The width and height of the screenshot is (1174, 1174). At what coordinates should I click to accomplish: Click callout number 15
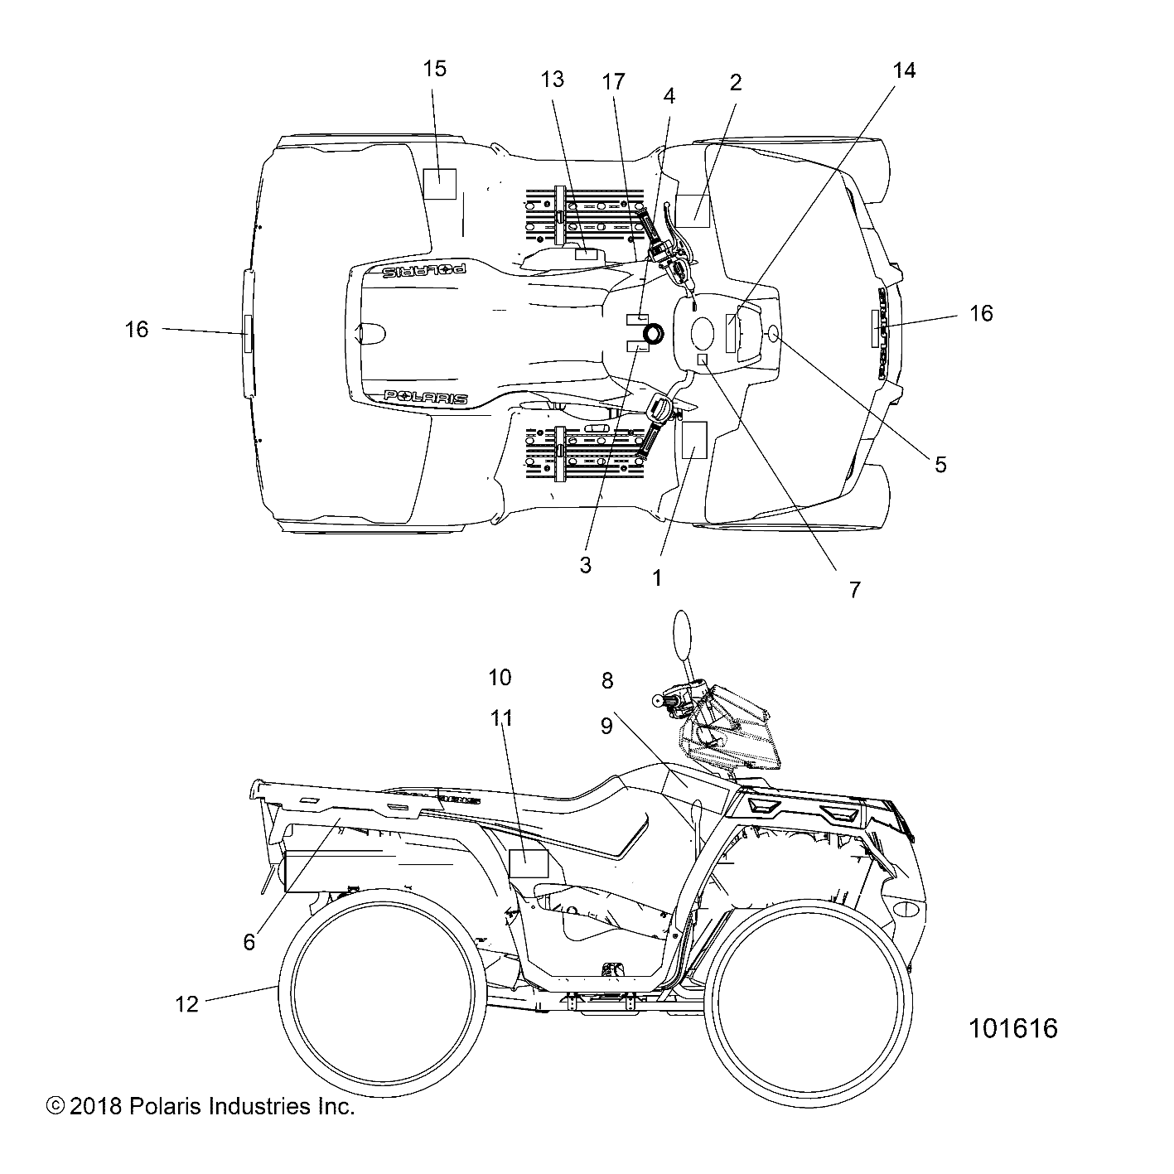click(x=435, y=69)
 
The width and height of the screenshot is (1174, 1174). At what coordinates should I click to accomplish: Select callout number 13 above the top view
click(x=553, y=80)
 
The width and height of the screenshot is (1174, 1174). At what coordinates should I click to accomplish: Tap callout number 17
click(x=614, y=82)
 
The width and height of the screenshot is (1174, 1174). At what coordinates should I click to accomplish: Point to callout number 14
click(x=905, y=70)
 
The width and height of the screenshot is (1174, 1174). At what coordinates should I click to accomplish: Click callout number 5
click(x=940, y=464)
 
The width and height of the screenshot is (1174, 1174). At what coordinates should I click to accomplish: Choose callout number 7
click(x=854, y=589)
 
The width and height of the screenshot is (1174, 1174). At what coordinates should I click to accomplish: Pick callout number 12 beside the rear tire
click(x=187, y=1004)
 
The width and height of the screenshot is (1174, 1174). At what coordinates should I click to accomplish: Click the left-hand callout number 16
click(x=137, y=330)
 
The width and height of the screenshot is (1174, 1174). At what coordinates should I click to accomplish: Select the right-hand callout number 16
click(x=981, y=314)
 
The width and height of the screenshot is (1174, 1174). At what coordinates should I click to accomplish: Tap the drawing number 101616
click(x=1013, y=1029)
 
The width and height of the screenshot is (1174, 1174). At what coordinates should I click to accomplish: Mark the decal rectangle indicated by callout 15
click(x=439, y=183)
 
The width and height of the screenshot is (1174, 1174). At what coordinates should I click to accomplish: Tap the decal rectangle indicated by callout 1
click(x=693, y=440)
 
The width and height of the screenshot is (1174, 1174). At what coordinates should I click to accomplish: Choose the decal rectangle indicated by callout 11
click(x=529, y=863)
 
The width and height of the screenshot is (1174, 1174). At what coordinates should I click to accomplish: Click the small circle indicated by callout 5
click(x=775, y=333)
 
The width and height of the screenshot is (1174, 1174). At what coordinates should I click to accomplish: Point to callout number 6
click(x=249, y=942)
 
